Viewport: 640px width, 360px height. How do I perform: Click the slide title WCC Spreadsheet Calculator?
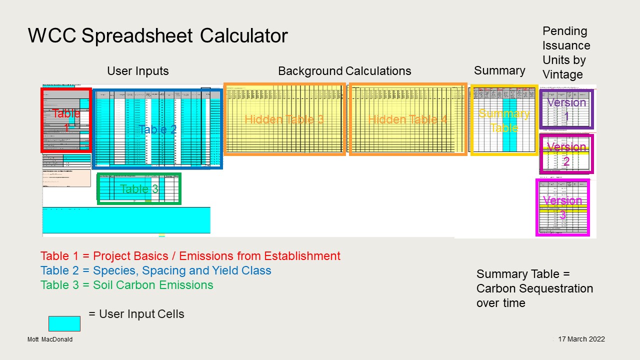157,36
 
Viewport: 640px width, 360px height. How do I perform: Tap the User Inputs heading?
138,71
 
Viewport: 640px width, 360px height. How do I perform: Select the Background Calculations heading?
344,71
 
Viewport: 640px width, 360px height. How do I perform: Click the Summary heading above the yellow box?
499,70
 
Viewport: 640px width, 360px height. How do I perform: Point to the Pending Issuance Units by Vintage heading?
566,52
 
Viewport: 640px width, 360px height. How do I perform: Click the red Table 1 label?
66,120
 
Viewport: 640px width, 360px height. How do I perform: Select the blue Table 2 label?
157,129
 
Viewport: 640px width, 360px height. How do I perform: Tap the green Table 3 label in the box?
139,189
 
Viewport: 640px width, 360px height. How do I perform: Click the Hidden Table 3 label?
284,119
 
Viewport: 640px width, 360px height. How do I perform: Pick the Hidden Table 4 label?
407,119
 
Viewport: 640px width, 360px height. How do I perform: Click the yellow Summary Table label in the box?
504,120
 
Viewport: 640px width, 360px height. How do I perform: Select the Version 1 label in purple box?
566,109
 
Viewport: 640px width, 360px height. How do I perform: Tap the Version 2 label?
566,153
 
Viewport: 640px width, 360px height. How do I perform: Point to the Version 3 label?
562,207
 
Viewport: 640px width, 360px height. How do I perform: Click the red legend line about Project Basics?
190,256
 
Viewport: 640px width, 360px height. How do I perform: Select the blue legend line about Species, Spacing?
156,270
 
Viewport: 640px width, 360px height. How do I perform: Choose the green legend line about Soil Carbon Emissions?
127,285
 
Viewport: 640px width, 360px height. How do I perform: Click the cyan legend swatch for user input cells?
64,323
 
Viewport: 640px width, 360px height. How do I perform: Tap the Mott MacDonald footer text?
50,339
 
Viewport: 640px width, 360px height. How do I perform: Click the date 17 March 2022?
581,339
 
